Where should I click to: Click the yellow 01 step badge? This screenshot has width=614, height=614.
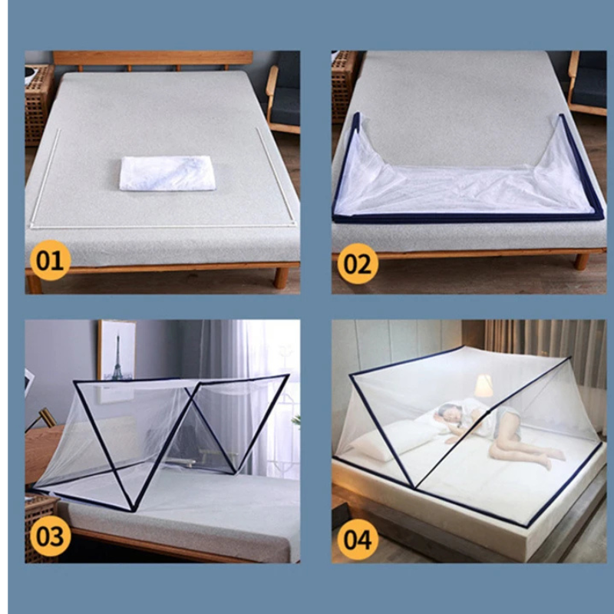[50, 260]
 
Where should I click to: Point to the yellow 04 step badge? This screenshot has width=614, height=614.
[357, 538]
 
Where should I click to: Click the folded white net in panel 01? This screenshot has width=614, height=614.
[167, 172]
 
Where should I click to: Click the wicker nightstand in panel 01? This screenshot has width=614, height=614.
[38, 104]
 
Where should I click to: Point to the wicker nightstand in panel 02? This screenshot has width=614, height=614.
[343, 84]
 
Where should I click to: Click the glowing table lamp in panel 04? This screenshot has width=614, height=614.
[483, 387]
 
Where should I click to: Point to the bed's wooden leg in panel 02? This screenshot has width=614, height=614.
[582, 262]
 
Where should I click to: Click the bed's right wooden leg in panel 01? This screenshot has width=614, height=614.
[282, 277]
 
